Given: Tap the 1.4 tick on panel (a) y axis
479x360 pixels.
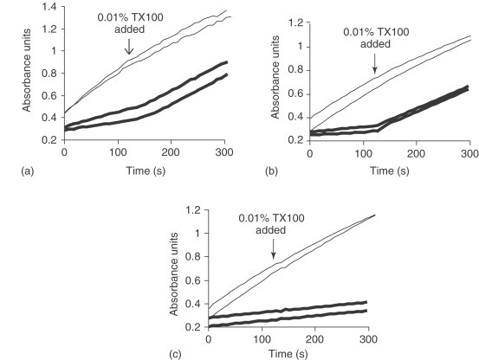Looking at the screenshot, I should pyautogui.click(x=50, y=6).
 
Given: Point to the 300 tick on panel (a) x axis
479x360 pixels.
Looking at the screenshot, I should pyautogui.click(x=226, y=151).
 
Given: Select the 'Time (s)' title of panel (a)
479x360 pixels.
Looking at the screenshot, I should pyautogui.click(x=146, y=166).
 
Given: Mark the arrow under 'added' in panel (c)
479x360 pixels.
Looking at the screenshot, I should pyautogui.click(x=273, y=252).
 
